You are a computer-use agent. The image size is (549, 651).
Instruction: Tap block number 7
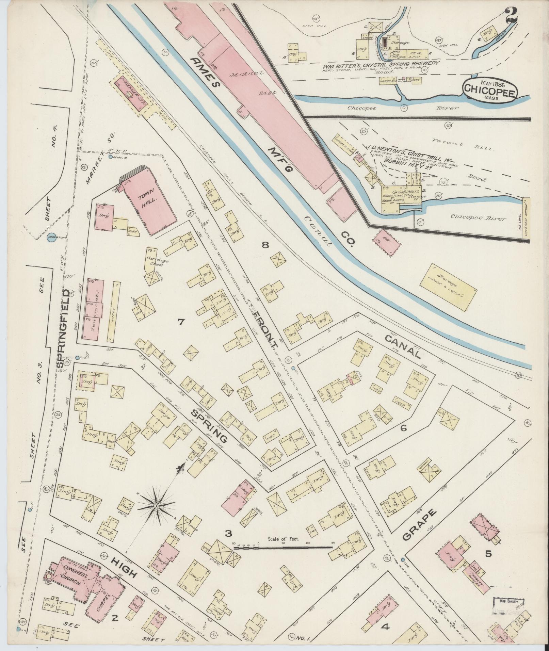point(180,321)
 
